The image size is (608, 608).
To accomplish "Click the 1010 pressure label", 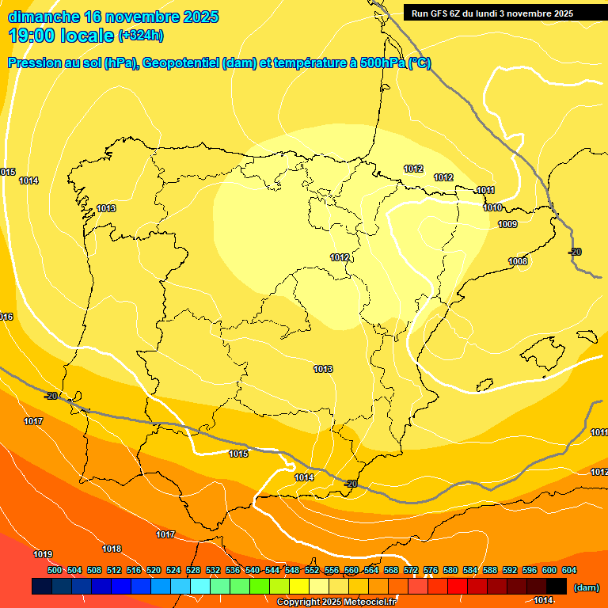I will [492, 207].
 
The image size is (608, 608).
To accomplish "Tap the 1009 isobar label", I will [507, 224].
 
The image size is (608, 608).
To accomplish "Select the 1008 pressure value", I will [518, 261].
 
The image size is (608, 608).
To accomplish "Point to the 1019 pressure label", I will [43, 554].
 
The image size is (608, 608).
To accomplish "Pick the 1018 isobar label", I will [112, 549].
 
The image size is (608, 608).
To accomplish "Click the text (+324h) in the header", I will [141, 35].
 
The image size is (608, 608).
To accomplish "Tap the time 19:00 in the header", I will [33, 35].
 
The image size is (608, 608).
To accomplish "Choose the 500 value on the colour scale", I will [55, 570].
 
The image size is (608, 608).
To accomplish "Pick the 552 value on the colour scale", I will [312, 570].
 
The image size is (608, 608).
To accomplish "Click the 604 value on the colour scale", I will [569, 570].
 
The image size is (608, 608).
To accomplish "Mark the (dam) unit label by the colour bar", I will [586, 587].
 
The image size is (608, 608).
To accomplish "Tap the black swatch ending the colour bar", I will [557, 587].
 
